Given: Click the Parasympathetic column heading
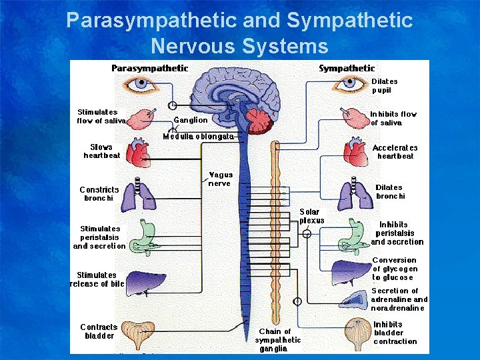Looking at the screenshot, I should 149,68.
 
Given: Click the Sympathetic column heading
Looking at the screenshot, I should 347,68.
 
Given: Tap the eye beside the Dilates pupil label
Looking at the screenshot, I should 349,84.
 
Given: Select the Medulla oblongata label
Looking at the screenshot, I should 199,136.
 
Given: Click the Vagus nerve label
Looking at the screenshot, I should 221,179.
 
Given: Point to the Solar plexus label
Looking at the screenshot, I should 311,216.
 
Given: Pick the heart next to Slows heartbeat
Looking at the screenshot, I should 139,153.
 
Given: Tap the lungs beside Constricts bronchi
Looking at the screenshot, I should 142,193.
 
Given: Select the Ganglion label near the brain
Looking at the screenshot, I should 191,120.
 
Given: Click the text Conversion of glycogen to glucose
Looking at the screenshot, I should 394,269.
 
